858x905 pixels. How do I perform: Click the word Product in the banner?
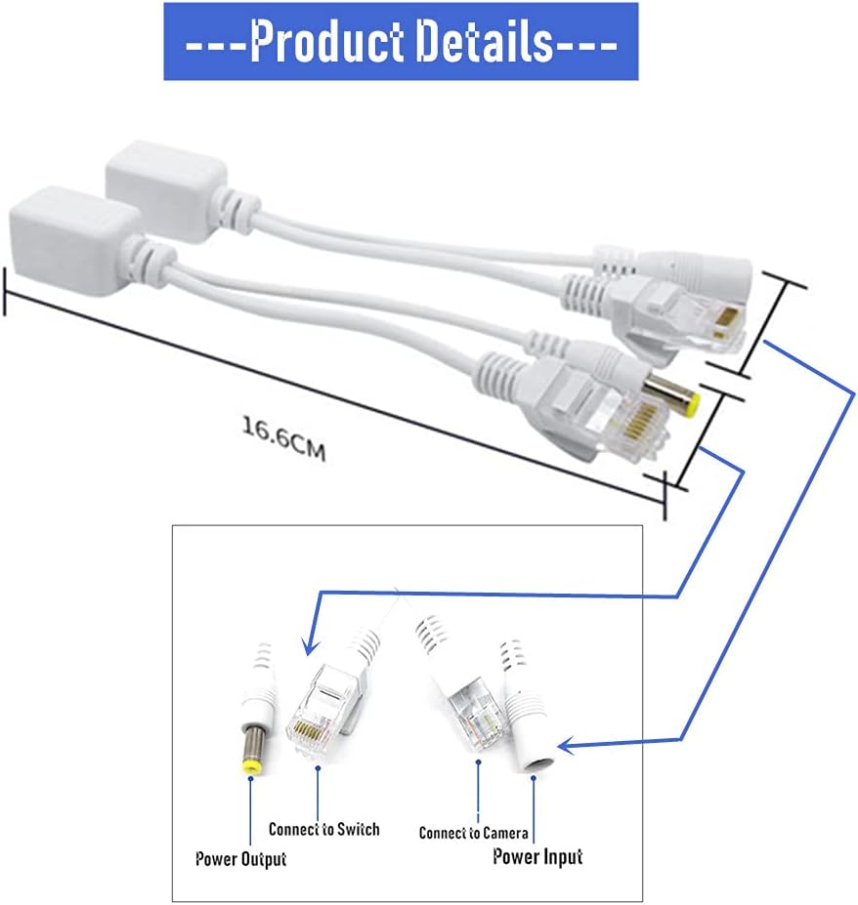point(326,41)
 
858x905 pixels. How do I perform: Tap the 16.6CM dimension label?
point(283,438)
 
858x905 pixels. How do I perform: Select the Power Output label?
point(241,859)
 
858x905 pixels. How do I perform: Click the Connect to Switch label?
point(324,830)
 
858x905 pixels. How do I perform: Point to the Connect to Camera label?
point(473,833)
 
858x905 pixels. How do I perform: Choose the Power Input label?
point(537,856)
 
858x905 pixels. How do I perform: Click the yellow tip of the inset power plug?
point(251,767)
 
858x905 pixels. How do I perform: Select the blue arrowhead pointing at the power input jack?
point(569,746)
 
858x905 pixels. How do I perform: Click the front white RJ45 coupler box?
point(75,242)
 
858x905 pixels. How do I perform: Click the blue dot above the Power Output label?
point(251,779)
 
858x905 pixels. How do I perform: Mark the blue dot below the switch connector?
point(318,768)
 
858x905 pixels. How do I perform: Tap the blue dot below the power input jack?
point(534,778)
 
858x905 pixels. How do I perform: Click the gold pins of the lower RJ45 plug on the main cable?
point(643,419)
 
